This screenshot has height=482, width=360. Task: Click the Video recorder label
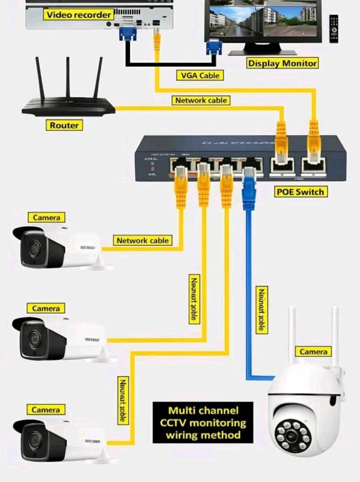coord(79,15)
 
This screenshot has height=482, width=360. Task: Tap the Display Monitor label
coord(282,63)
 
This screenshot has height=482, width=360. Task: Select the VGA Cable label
coord(200,75)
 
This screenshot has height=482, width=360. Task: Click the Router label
coord(64,125)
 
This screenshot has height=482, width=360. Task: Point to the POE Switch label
coord(300,192)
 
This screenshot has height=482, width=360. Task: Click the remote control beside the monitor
coord(333,29)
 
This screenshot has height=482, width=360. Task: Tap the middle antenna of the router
coord(68,77)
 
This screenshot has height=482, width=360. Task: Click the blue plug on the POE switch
coord(249,189)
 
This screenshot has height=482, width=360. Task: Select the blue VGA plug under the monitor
coord(213,47)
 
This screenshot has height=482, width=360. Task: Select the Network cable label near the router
coord(201,100)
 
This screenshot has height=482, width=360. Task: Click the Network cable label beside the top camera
coord(142,240)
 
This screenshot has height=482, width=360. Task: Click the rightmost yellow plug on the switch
coord(314,140)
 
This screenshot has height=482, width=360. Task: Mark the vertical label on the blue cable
coord(261,310)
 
